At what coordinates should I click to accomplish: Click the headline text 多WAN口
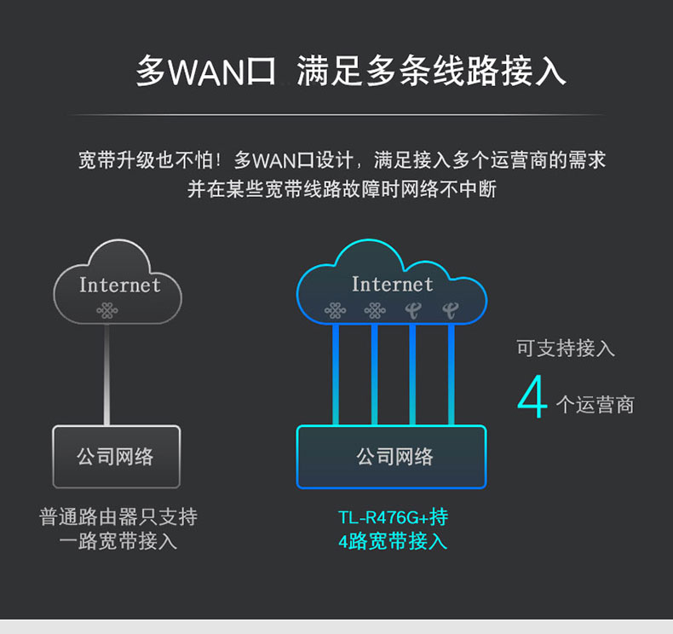207,72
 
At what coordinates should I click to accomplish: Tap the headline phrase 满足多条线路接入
431,72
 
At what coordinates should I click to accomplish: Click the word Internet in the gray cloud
119,285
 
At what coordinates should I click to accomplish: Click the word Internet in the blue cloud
392,284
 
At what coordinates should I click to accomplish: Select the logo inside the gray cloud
107,310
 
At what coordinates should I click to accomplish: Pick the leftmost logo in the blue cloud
335,310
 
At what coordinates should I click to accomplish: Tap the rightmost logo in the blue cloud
450,310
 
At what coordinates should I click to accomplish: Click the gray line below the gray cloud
106,375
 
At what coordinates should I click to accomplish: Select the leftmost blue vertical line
336,375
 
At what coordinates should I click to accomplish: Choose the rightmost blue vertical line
451,375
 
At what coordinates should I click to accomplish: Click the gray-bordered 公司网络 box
116,457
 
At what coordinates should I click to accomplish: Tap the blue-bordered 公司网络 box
392,457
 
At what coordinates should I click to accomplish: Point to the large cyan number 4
532,398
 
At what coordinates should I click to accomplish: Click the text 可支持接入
566,348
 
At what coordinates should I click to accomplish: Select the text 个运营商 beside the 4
595,405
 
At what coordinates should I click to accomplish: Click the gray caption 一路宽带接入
118,541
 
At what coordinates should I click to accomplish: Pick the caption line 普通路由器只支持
118,517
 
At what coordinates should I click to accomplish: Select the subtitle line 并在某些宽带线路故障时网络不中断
342,188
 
